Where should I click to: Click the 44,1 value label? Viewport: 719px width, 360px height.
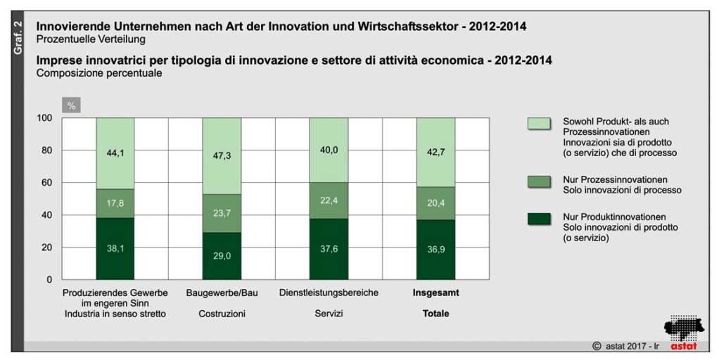[x=115, y=153]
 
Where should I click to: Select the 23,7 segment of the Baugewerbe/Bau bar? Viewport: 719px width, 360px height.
[x=222, y=213]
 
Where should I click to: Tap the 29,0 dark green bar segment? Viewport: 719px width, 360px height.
[x=222, y=256]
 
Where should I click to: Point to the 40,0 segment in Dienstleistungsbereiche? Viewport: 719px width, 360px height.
[x=329, y=150]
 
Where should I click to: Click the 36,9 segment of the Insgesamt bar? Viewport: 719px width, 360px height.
[x=435, y=250]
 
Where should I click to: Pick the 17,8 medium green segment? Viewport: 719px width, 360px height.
[x=115, y=203]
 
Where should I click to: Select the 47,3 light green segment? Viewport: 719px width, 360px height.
[x=222, y=156]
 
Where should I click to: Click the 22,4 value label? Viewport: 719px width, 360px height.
[x=329, y=201]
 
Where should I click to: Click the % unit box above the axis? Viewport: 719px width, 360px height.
[x=71, y=106]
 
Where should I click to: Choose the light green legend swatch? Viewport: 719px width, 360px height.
[x=538, y=123]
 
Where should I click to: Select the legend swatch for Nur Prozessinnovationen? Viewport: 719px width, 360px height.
[x=538, y=181]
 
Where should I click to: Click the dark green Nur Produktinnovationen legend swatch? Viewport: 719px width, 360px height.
[x=538, y=218]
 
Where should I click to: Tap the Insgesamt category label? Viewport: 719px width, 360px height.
[x=435, y=292]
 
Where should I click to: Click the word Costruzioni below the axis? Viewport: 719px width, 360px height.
[x=222, y=314]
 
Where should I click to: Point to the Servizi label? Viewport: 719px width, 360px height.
[x=329, y=314]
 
